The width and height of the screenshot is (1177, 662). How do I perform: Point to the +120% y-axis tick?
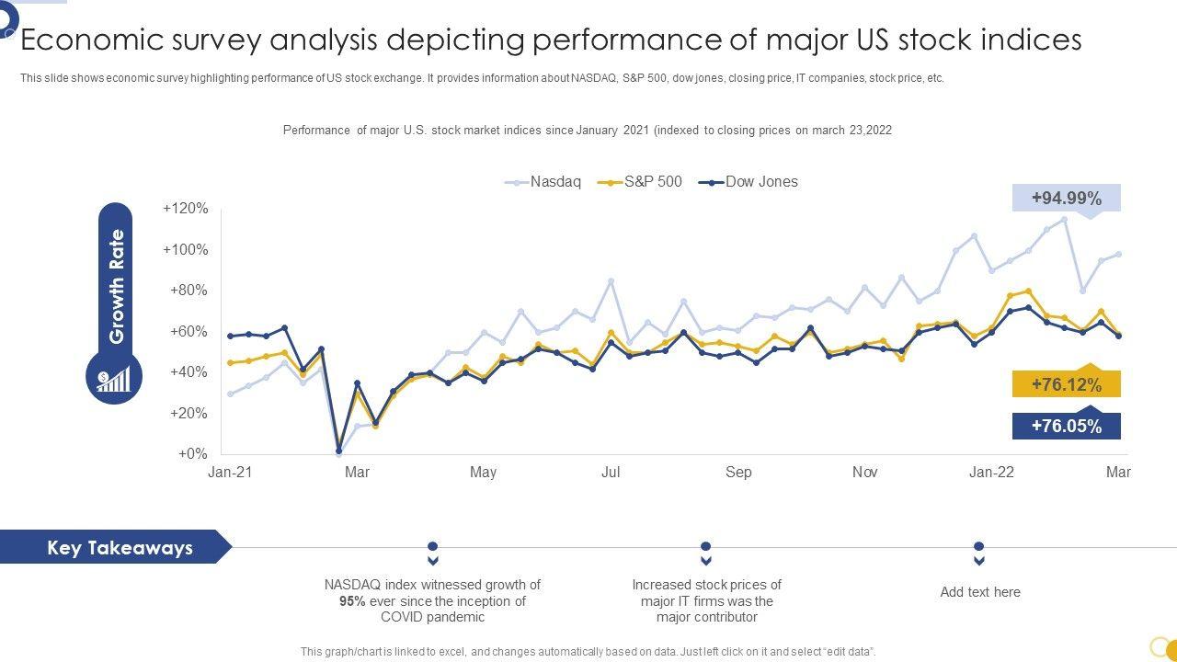coord(186,209)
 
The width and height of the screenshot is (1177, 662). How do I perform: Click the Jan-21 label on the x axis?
coord(230,473)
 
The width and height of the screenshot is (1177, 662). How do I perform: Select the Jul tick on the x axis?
coord(611,473)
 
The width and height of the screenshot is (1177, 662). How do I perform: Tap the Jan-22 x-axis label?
coord(992,473)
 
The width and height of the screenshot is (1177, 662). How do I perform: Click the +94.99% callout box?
coord(1066,199)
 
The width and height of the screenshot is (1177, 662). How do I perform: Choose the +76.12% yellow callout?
coord(1066,384)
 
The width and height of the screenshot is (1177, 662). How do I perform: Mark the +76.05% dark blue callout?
coord(1066,426)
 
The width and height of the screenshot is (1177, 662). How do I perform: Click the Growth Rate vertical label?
coord(117,287)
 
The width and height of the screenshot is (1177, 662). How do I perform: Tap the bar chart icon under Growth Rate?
coord(114,379)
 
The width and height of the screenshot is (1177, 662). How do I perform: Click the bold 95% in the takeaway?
coord(352,601)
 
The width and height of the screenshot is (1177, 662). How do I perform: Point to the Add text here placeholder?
coord(980,592)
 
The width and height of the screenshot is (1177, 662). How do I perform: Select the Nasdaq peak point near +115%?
coord(1065,220)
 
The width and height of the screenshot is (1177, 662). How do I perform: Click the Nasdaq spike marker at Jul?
coord(611,281)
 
